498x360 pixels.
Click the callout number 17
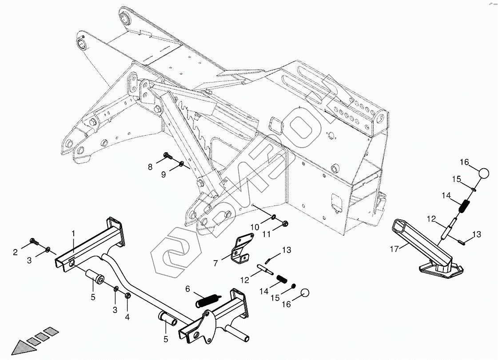coord(394,249)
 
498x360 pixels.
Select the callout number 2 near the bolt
coord(15,252)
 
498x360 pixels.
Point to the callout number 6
coord(187,289)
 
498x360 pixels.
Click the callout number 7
coord(215,263)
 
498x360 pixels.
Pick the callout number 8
coord(150,167)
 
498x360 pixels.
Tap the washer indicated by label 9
coord(182,165)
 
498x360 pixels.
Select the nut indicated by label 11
coord(285,223)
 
